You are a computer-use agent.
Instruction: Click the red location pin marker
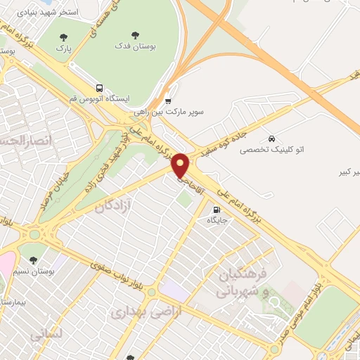click(181, 166)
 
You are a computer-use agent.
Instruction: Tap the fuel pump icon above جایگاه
click(215, 209)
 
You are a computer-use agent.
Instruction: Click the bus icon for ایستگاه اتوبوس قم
click(99, 89)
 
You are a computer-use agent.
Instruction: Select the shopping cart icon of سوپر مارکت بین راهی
click(167, 101)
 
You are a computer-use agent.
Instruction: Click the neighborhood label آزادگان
click(114, 206)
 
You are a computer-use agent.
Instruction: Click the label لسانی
click(47, 334)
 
